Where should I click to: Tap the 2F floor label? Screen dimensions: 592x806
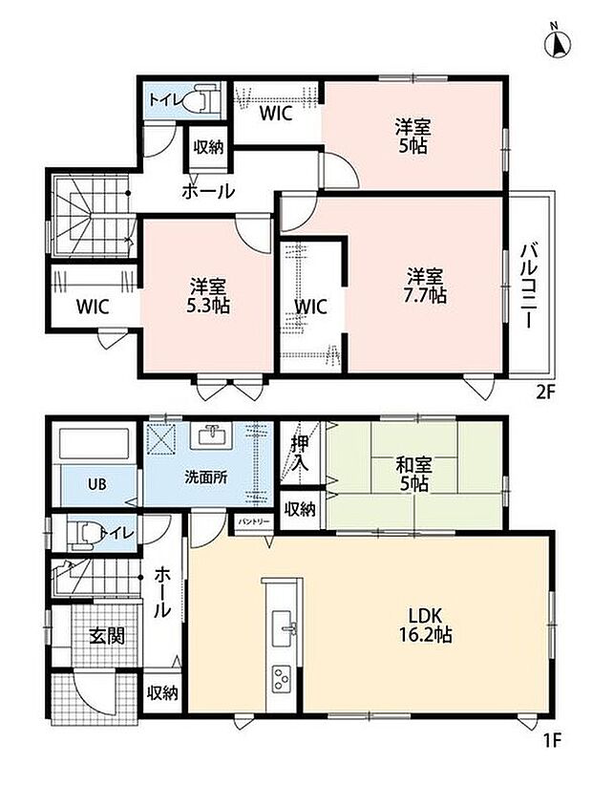(x=546, y=392)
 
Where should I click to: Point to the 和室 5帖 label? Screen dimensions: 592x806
(x=412, y=474)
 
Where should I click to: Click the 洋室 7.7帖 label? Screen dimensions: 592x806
(x=426, y=286)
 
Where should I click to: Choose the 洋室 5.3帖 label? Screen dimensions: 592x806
(x=207, y=295)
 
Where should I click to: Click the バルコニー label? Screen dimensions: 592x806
(x=529, y=286)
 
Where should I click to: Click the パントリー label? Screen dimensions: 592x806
(x=253, y=521)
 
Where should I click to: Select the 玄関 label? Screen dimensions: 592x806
(x=107, y=636)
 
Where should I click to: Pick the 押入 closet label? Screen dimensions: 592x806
(x=300, y=453)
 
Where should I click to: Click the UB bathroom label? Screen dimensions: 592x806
(x=96, y=484)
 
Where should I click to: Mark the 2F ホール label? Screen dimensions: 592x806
(x=208, y=191)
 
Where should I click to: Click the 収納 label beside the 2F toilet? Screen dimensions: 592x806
(x=208, y=147)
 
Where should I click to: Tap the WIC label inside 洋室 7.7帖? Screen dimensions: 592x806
(x=310, y=307)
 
